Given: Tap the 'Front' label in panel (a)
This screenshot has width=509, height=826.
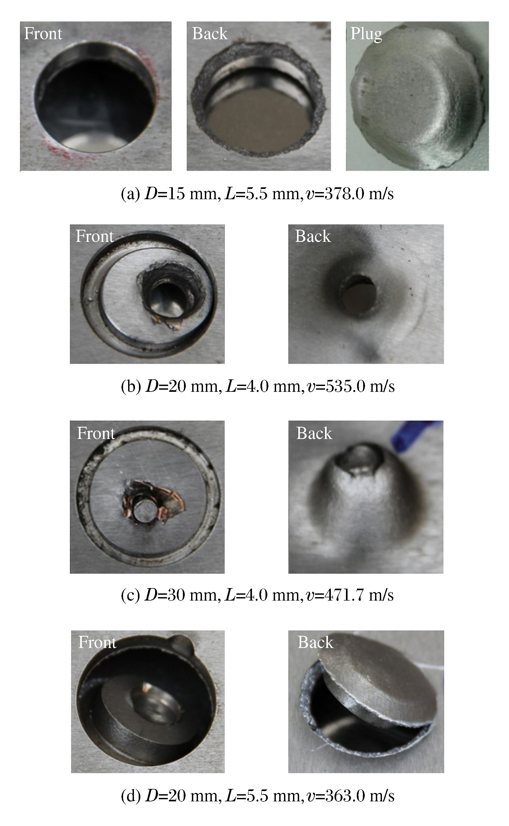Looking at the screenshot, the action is [x=43, y=34].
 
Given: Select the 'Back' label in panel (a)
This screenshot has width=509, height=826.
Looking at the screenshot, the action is [x=210, y=34].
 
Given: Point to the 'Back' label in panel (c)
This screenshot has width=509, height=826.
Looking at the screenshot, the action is [x=314, y=433].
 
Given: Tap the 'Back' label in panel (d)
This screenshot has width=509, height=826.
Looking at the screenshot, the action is [x=316, y=642].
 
